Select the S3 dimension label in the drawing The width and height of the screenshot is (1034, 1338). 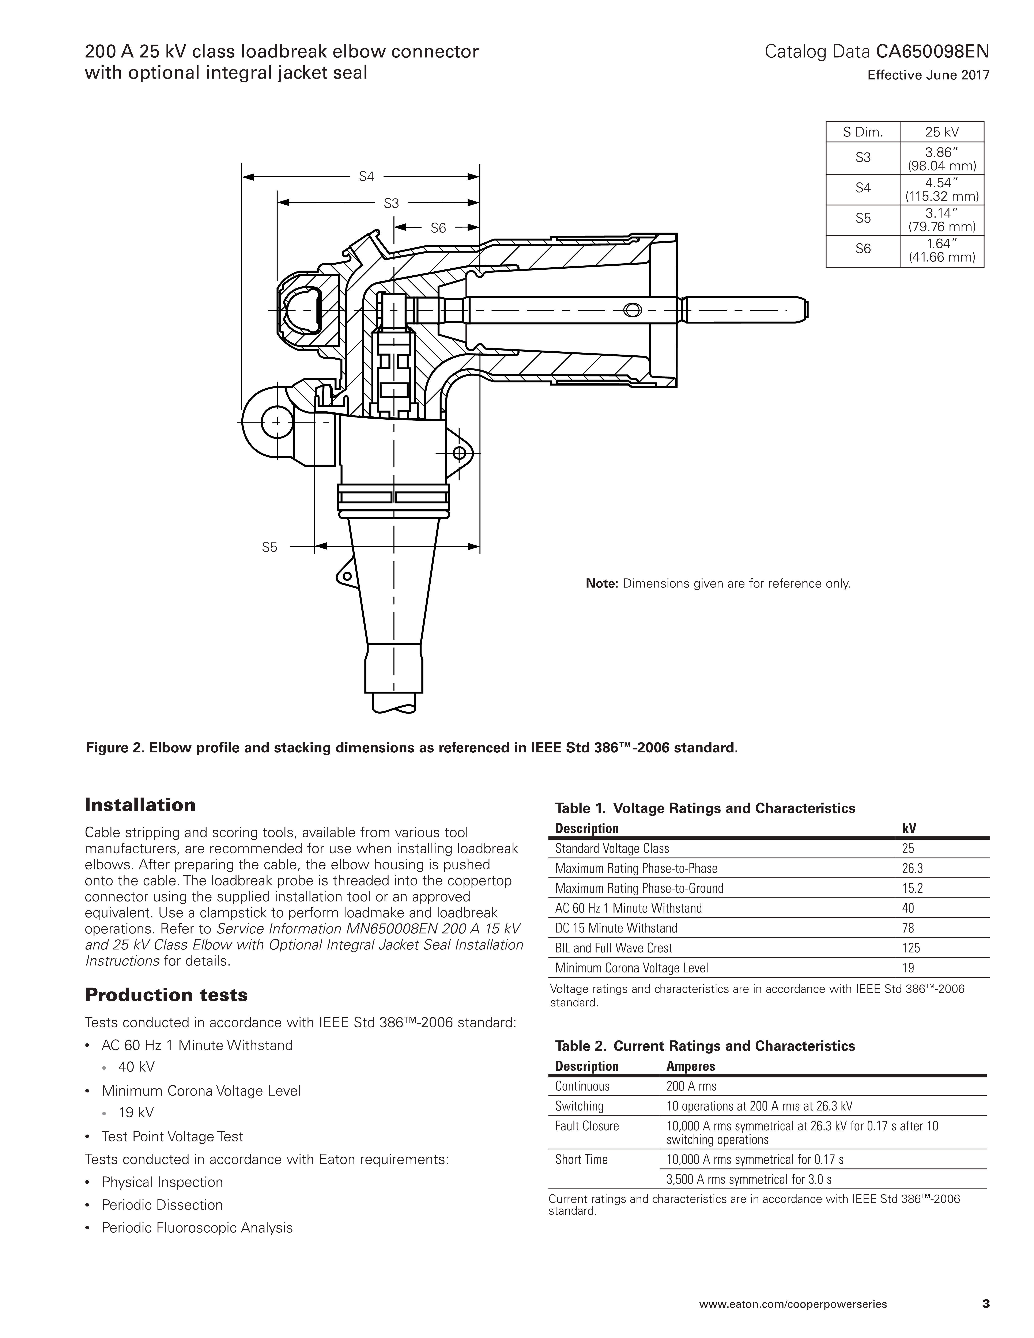391,203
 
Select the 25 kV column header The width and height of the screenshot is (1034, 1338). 941,132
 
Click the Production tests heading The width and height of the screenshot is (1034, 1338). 166,995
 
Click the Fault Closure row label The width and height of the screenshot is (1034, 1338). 587,1126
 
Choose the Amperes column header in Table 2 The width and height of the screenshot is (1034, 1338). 690,1066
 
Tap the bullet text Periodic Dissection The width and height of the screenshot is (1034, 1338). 162,1205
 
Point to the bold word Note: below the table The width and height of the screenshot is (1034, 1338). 602,583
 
